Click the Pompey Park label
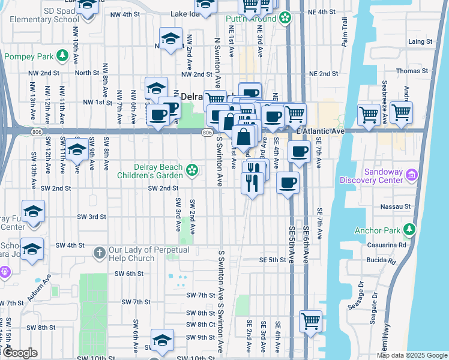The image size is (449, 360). [28, 56]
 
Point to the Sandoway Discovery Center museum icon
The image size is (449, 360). [411, 175]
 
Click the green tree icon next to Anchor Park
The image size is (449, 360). [409, 229]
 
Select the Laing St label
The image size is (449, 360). [420, 42]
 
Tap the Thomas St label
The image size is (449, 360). [416, 71]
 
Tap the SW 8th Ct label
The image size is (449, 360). [200, 325]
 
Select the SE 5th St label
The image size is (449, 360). [274, 260]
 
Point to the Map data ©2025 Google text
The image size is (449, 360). [411, 355]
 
